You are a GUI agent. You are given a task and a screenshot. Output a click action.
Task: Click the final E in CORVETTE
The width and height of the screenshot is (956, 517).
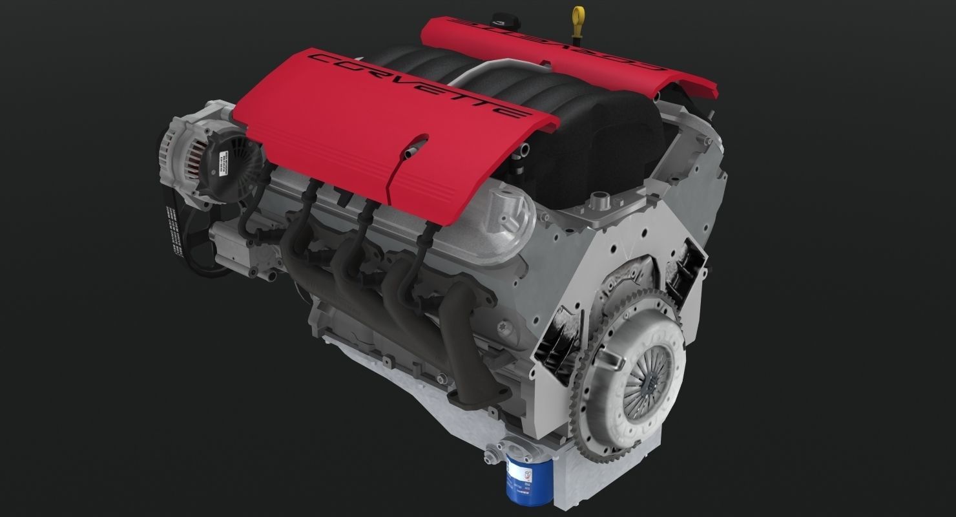510,113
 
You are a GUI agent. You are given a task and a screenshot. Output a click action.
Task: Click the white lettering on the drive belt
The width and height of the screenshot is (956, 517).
171,226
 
